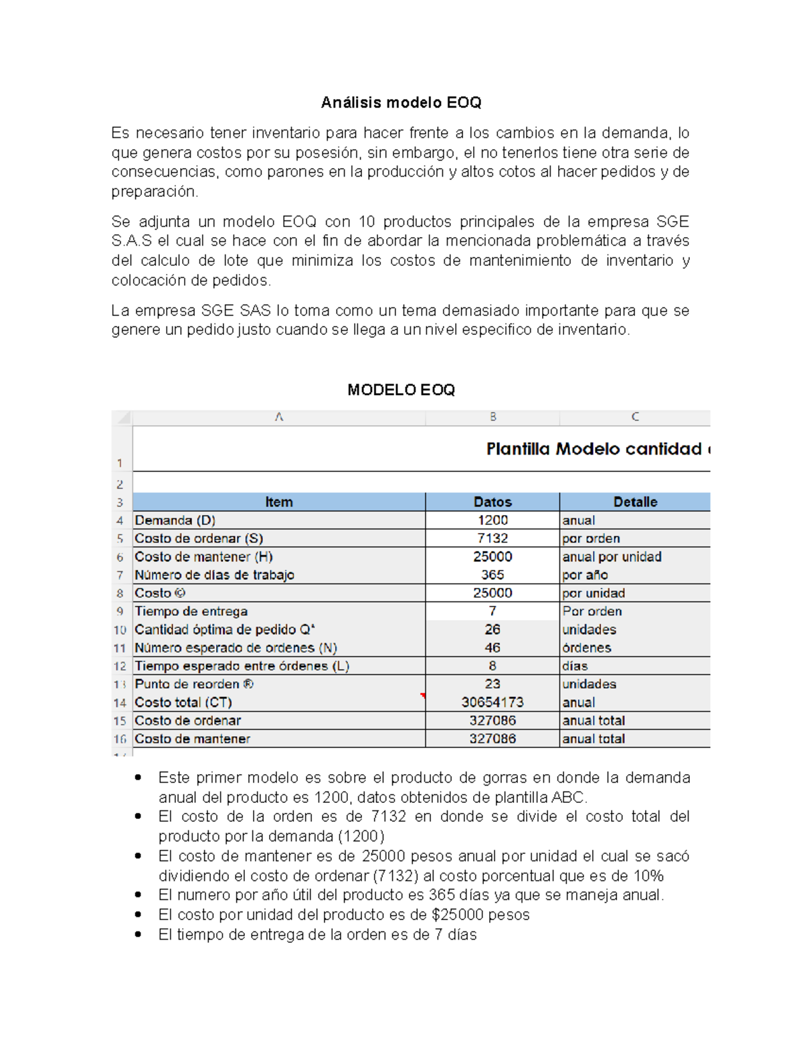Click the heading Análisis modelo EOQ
coord(401,102)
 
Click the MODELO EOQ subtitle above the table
coord(401,390)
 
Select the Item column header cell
coord(278,502)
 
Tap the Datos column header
coord(493,502)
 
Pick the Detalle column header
coord(635,502)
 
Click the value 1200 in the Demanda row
coord(493,520)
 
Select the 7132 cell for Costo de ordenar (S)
coord(493,538)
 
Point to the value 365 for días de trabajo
coord(493,575)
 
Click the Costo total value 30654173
coord(493,702)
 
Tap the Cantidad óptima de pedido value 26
coord(493,629)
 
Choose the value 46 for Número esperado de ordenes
coord(493,648)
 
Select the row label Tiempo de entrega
coord(191,611)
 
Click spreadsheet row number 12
coord(120,666)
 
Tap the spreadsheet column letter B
coord(493,417)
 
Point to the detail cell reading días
coord(575,666)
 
